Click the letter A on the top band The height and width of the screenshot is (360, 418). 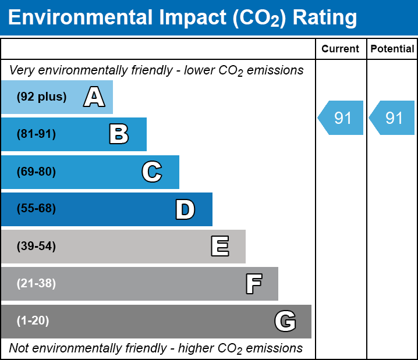coord(94,97)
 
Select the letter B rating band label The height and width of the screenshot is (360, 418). coord(119,134)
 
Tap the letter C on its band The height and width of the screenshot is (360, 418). coord(151,172)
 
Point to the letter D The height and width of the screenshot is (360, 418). coord(185,209)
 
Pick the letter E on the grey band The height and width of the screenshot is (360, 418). coord(219,247)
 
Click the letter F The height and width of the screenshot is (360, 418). coord(253,284)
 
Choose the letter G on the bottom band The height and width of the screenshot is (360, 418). coord(285,321)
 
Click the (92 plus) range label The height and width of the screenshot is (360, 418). coord(41,97)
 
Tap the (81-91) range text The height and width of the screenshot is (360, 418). coord(36,134)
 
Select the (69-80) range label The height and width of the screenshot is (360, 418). coord(36,172)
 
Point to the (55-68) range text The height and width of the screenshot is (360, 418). coord(36,209)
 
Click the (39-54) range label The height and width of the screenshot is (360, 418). coord(36,247)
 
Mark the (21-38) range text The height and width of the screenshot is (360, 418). coord(36,284)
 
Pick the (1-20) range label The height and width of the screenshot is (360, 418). coord(33,321)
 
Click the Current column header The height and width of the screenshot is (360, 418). coord(341,49)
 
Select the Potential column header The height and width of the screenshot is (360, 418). coord(392,49)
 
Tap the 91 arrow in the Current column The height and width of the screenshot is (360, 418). coord(342,118)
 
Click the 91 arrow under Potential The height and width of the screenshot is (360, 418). coord(393,118)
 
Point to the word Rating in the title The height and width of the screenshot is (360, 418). coord(324,18)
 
